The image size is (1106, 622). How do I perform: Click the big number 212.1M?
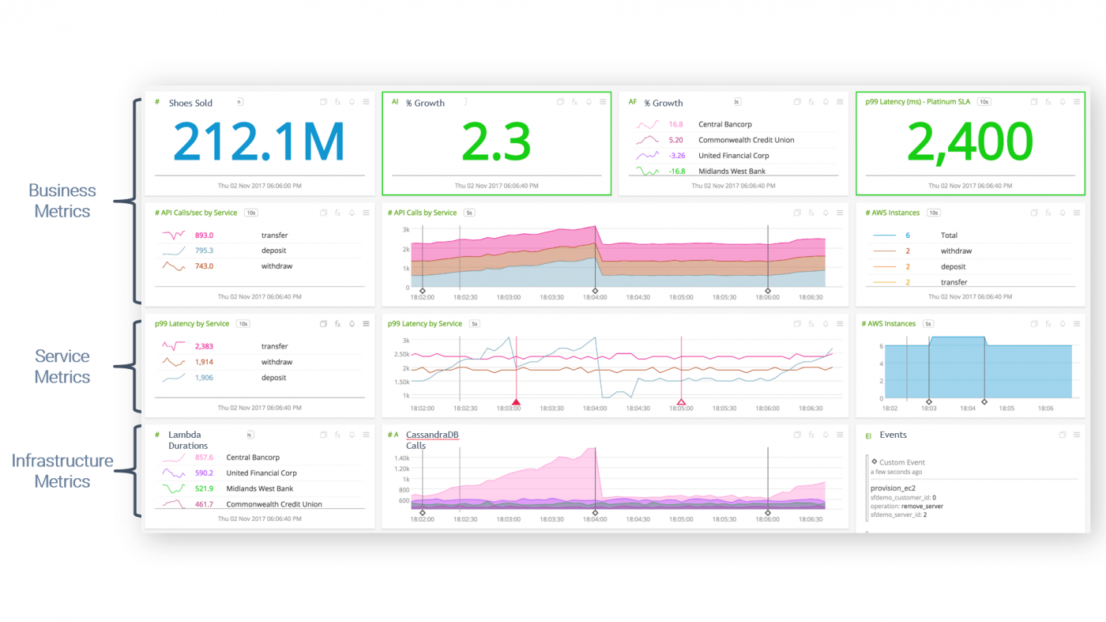point(258,141)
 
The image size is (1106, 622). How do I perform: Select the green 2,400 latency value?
point(969,141)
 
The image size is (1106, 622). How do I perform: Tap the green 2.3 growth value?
point(495,141)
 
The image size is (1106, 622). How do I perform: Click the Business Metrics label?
point(62,201)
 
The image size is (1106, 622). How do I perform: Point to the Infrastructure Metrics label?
point(62,471)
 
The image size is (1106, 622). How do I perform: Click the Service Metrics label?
point(62,367)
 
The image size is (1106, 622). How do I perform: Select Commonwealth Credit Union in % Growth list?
point(746,140)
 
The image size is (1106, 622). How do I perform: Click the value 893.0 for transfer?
point(204,236)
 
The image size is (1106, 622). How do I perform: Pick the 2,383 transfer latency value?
point(204,346)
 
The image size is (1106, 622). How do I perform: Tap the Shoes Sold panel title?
point(190,103)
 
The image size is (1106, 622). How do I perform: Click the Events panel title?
point(893,435)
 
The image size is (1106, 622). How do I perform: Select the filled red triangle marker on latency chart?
point(516,401)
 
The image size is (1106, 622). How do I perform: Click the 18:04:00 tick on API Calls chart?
point(594,298)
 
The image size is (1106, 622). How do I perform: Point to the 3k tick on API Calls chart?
point(405,229)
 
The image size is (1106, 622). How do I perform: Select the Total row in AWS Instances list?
point(949,236)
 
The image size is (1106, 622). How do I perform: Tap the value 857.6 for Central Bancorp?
point(204,458)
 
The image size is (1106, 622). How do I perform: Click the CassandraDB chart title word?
point(432,435)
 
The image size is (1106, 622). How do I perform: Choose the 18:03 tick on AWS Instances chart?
point(928,409)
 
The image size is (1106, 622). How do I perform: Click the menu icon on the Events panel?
point(1077,435)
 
